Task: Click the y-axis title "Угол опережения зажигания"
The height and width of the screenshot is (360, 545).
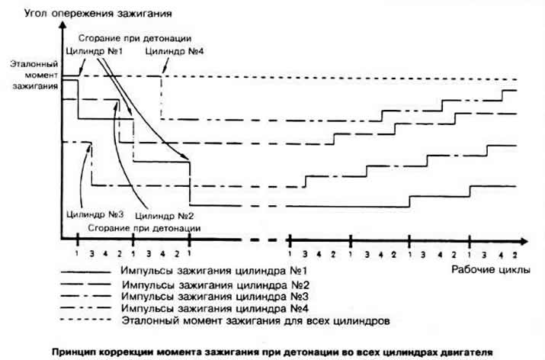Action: click(98, 14)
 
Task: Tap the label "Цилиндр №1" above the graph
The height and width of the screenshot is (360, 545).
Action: click(95, 51)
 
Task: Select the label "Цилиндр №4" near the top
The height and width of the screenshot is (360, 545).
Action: click(175, 51)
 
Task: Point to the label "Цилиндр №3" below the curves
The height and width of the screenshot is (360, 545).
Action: click(95, 214)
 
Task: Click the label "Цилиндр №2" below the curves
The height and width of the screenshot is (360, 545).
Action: click(164, 216)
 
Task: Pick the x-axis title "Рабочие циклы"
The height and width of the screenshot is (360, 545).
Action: click(491, 269)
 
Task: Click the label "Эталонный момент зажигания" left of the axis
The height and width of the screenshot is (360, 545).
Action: click(35, 76)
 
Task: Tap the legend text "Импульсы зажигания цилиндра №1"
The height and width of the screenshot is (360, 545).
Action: click(213, 271)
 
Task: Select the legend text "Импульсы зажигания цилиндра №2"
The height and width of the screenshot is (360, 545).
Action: click(216, 285)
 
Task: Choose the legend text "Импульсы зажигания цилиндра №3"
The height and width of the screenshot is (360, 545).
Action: click(215, 297)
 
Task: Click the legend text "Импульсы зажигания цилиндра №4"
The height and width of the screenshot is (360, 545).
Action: click(215, 309)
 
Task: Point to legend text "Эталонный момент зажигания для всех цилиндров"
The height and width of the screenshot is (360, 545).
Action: click(255, 320)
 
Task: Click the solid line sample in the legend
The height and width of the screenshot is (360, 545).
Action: click(85, 272)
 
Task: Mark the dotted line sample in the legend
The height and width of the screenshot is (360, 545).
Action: click(85, 320)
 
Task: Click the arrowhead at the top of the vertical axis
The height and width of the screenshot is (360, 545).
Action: click(63, 24)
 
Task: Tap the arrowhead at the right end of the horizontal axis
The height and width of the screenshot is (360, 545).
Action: click(524, 241)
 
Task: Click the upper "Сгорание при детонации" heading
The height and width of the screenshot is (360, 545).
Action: click(135, 38)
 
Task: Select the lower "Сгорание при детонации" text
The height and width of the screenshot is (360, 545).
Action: click(144, 229)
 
